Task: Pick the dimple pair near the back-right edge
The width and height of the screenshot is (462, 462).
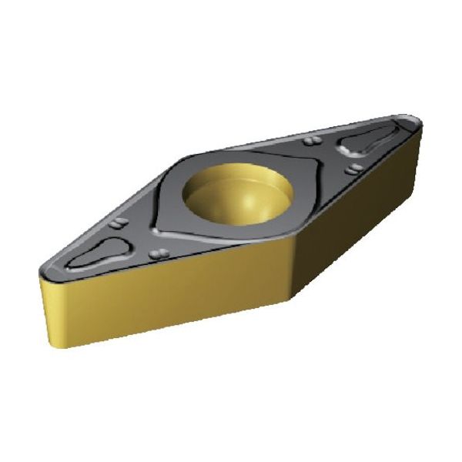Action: [x=311, y=141]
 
